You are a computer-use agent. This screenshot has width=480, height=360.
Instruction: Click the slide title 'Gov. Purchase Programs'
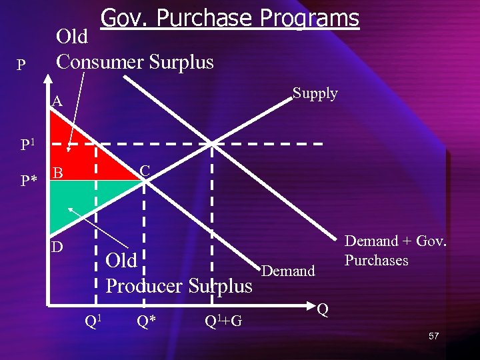pyautogui.click(x=229, y=18)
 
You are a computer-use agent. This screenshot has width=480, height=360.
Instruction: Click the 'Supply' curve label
pyautogui.click(x=315, y=93)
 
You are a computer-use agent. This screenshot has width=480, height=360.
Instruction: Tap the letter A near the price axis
pyautogui.click(x=57, y=102)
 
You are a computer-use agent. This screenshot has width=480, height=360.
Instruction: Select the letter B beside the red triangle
pyautogui.click(x=58, y=173)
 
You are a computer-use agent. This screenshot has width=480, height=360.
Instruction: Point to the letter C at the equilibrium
pyautogui.click(x=144, y=171)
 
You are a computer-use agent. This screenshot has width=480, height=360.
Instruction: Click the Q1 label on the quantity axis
pyautogui.click(x=94, y=321)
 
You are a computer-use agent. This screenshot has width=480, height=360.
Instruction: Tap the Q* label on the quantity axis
pyautogui.click(x=147, y=321)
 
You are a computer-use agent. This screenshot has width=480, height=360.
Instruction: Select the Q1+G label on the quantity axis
pyautogui.click(x=223, y=321)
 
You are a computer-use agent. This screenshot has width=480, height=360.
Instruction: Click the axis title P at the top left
pyautogui.click(x=21, y=65)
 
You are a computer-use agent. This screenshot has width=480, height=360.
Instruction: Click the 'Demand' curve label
pyautogui.click(x=288, y=271)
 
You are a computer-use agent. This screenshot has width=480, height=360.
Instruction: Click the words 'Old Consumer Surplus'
pyautogui.click(x=135, y=50)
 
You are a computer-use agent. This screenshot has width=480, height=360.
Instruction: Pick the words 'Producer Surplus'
pyautogui.click(x=179, y=286)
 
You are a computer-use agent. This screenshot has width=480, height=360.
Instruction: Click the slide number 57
pyautogui.click(x=434, y=337)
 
